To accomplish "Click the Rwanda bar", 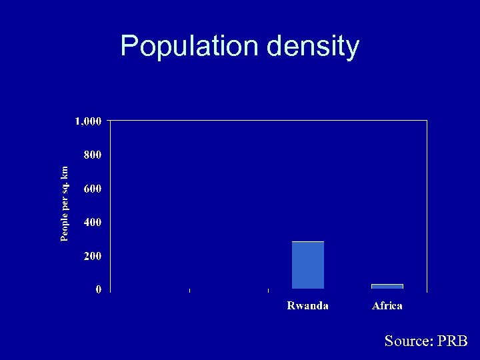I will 308,265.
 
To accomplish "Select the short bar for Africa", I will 387,286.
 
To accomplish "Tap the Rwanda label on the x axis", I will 307,306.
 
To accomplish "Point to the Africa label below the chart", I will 387,306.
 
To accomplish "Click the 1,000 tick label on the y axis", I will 88,121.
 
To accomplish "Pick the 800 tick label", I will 92,155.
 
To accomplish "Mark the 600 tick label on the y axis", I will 92,189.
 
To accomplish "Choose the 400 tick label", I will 92,222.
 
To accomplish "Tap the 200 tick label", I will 92,256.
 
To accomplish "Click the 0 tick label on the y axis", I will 98,289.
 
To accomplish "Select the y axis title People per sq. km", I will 64,203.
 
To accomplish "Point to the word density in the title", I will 313,47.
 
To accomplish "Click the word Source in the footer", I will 409,341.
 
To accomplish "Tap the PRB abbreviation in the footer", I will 453,341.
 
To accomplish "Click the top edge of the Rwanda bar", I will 308,242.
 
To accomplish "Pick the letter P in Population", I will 129,46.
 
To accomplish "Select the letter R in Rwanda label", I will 291,306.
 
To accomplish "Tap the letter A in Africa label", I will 375,306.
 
